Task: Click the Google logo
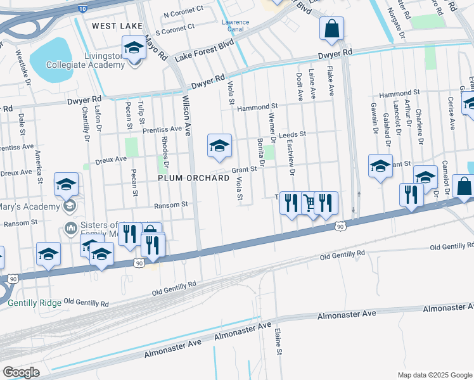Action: click(21, 372)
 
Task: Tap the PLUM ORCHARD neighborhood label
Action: click(193, 179)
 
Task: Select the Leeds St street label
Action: click(292, 135)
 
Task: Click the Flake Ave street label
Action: click(330, 83)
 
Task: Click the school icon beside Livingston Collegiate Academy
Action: click(134, 48)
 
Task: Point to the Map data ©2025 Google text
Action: click(434, 375)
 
